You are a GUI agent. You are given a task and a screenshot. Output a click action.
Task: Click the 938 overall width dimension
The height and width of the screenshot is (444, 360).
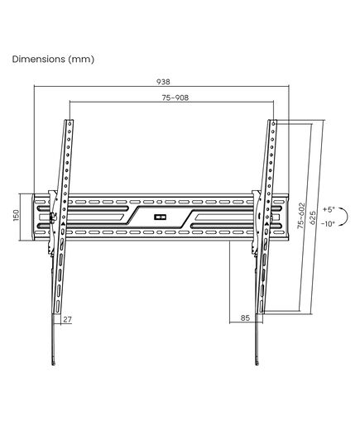(x=163, y=82)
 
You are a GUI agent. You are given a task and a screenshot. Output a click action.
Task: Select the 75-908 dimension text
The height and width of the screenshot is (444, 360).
(x=175, y=98)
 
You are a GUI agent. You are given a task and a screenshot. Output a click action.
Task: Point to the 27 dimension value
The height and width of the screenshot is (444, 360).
(x=67, y=319)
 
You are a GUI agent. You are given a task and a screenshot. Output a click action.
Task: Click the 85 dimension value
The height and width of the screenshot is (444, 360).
(x=245, y=317)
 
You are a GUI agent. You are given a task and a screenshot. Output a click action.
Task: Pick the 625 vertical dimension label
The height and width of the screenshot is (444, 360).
(x=313, y=217)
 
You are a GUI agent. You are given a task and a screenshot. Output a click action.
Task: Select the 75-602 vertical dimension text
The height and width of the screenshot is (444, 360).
(x=301, y=215)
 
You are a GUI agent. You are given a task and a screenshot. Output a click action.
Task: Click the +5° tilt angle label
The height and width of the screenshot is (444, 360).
(x=329, y=209)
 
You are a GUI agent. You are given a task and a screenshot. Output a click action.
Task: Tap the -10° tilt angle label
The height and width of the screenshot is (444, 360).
(x=328, y=224)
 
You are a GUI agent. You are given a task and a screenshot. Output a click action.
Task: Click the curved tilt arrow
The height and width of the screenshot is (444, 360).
(x=347, y=217)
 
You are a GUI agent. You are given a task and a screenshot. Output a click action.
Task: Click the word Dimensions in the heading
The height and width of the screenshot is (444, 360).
(x=39, y=60)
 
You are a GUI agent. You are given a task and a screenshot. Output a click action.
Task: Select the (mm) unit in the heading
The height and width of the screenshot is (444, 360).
(x=81, y=60)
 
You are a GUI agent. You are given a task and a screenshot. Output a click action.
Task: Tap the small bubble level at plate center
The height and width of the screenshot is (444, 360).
(x=160, y=217)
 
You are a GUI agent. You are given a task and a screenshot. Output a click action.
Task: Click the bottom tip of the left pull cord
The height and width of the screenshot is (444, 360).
(x=53, y=365)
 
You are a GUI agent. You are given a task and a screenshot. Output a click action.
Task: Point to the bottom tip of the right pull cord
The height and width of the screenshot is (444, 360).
(x=257, y=365)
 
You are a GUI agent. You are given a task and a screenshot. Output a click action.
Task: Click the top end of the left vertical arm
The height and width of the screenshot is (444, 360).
(x=69, y=121)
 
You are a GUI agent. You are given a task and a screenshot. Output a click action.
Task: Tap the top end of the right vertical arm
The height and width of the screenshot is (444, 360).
(x=272, y=121)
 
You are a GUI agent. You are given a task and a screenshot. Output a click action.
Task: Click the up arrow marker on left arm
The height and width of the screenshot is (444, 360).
(x=63, y=224)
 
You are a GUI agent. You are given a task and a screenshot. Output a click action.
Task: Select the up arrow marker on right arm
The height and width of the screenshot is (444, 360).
(x=266, y=224)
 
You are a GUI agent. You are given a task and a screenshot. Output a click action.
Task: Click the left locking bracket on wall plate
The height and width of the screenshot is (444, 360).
(x=52, y=222)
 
